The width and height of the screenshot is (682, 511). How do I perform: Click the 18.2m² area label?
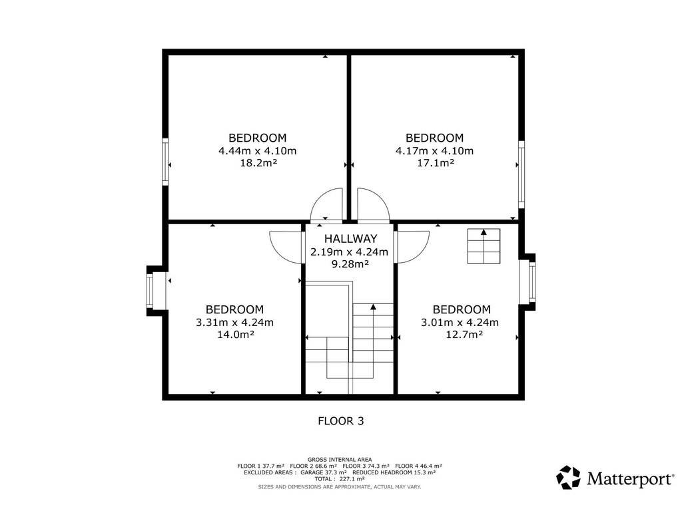point(259,164)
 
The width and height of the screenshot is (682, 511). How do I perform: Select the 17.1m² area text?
point(436,164)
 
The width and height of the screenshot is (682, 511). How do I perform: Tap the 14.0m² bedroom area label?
point(236,335)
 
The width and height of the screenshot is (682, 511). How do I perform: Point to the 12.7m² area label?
point(464,335)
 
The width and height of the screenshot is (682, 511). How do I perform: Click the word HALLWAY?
point(350,239)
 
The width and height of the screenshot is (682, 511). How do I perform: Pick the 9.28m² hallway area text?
point(350,263)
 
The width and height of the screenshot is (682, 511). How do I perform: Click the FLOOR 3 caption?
point(340,421)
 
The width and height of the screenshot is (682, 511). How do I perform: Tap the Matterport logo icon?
point(568,478)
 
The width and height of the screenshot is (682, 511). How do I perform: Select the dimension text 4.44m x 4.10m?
point(258,151)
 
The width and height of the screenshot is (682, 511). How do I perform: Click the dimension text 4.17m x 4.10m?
point(434,151)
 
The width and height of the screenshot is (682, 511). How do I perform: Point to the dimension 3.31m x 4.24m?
point(235,323)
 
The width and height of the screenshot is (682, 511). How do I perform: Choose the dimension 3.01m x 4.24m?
point(460,323)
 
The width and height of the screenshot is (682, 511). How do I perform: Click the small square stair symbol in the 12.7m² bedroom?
point(484,246)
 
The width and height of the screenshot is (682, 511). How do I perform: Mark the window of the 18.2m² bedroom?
point(165,162)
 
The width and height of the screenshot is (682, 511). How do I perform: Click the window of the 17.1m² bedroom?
point(521,174)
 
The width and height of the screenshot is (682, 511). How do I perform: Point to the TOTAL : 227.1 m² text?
point(340,479)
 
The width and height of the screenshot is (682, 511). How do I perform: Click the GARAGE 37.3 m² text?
point(324,472)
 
